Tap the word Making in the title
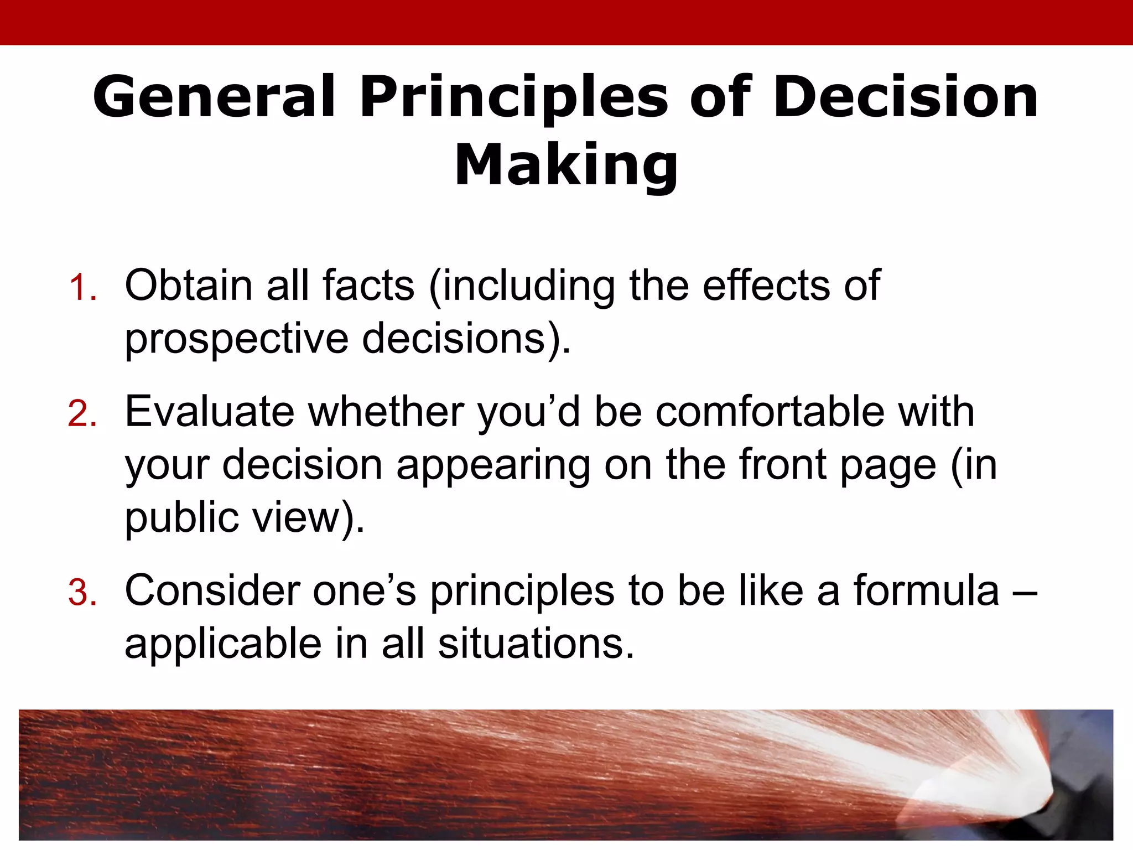click(x=566, y=164)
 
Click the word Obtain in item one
click(x=188, y=285)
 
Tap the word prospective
click(x=236, y=338)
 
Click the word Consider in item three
click(x=212, y=590)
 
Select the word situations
click(x=536, y=644)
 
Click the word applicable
click(x=223, y=644)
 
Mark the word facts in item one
click(x=368, y=285)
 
